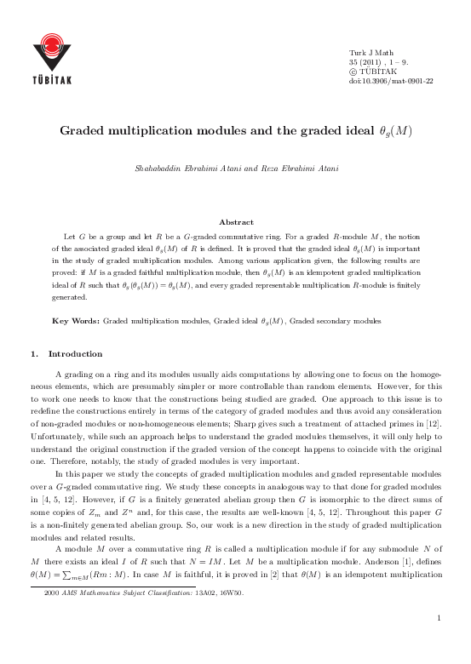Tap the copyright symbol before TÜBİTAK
(x=354, y=72)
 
